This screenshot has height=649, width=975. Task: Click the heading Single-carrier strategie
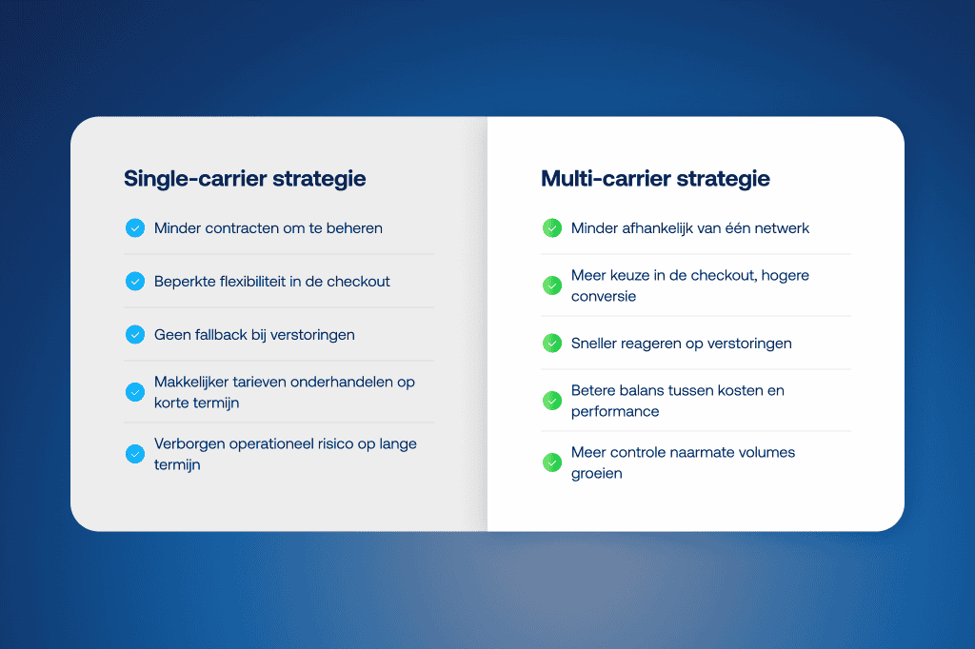coord(245,179)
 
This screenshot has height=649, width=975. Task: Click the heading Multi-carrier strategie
coord(655,179)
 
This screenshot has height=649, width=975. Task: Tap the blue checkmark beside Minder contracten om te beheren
coord(134,228)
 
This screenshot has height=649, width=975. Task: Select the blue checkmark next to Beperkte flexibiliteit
coord(134,282)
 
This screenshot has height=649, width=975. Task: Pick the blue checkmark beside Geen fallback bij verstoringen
coord(134,335)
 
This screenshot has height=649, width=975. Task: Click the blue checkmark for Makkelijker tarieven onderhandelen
coord(134,392)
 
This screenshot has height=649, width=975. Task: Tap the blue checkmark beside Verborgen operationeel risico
coord(134,454)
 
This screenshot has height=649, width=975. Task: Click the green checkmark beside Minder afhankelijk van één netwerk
coord(551,228)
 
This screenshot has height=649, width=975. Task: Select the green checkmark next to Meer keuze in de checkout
coord(551,285)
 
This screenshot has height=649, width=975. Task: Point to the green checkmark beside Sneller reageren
coord(551,343)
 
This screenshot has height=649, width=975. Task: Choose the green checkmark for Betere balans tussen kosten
coord(551,401)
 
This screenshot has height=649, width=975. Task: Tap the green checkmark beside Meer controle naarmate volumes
coord(551,462)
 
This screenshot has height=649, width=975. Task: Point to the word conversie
coord(604,296)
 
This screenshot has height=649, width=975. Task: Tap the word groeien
coord(597,474)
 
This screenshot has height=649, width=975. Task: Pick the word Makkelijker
coord(191,382)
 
